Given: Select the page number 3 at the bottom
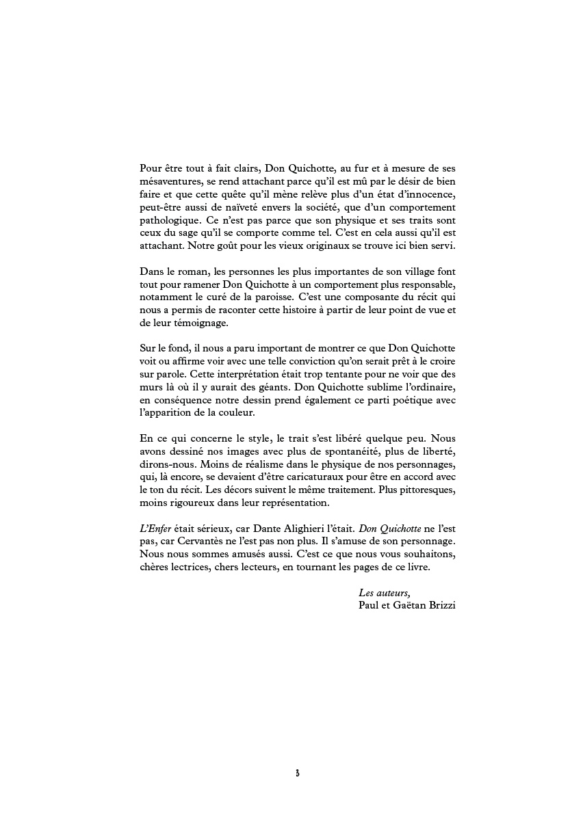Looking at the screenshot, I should (x=297, y=773).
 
